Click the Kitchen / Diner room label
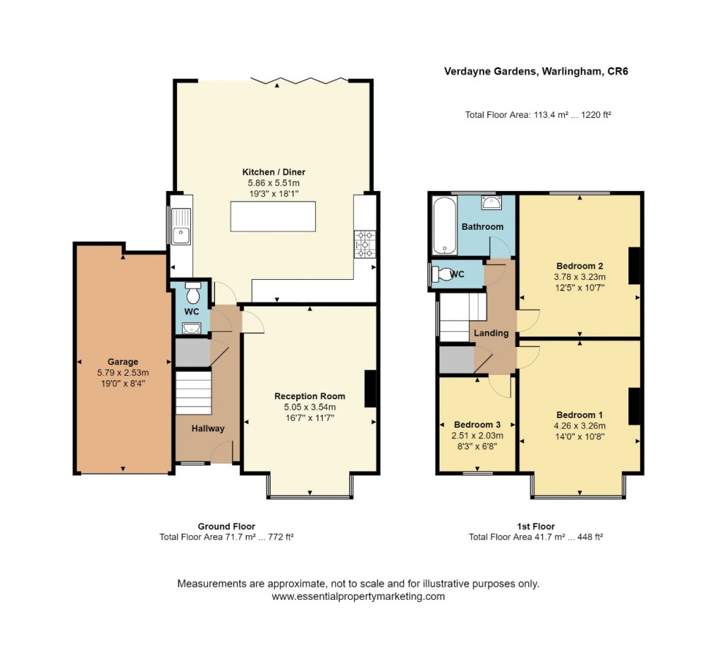click(274, 172)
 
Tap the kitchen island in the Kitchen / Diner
click(273, 217)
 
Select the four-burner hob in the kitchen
click(365, 244)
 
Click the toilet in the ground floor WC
click(193, 292)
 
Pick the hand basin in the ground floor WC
click(192, 328)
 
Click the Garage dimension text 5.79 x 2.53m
click(123, 373)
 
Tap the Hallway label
click(208, 428)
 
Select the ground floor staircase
click(193, 393)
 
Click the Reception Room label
click(309, 396)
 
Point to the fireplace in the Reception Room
click(370, 388)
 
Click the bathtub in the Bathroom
click(444, 226)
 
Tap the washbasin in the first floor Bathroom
click(491, 202)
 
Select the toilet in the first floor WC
click(442, 274)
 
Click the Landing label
click(491, 333)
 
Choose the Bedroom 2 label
click(579, 266)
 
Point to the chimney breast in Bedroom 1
click(634, 406)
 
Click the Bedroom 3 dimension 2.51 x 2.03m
click(477, 436)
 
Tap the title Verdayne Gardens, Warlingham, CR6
click(536, 72)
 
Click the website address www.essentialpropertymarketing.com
click(358, 597)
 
